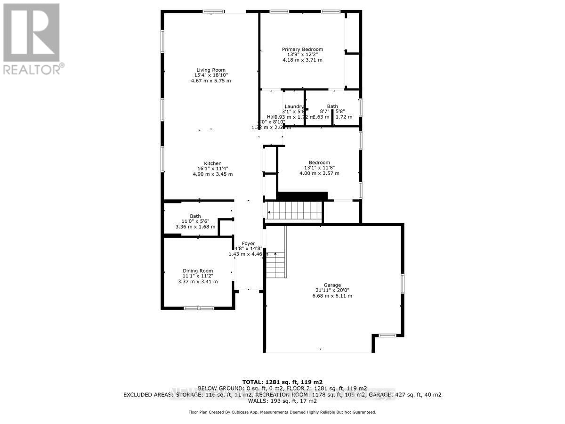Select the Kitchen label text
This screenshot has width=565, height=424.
click(x=212, y=163)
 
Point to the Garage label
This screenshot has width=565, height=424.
click(x=332, y=285)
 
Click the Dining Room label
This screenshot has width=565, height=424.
click(x=198, y=271)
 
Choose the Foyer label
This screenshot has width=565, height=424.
click(x=248, y=244)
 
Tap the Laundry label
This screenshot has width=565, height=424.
click(x=294, y=106)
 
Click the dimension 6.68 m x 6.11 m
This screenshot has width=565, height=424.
click(x=332, y=296)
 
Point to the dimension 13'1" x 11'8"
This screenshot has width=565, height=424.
click(x=319, y=168)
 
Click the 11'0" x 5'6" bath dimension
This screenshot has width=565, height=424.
click(x=195, y=221)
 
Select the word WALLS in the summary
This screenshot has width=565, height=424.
click(x=258, y=401)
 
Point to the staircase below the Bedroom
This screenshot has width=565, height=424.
click(x=294, y=211)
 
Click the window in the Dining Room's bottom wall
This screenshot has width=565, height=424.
click(x=199, y=308)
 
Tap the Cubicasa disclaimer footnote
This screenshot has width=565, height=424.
click(x=282, y=412)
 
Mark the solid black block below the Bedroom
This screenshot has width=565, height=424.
click(x=302, y=196)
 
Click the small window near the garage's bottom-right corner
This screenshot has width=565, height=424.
click(x=387, y=335)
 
